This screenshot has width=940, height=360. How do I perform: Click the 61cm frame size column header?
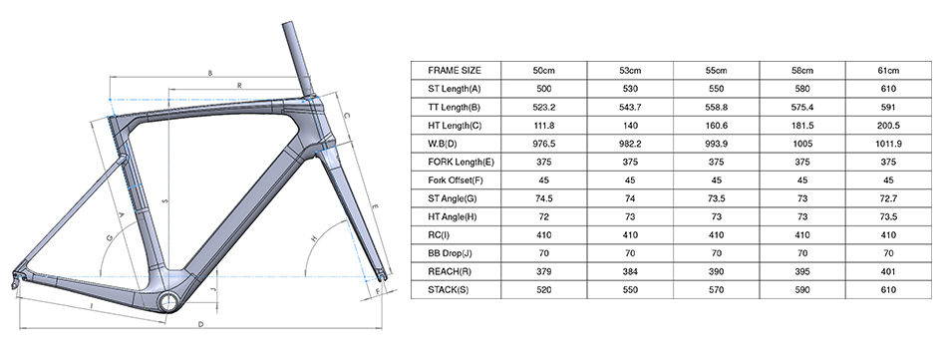point(888,70)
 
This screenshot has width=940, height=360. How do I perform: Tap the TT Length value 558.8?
point(717,107)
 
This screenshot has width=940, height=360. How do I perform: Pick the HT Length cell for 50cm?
point(544,126)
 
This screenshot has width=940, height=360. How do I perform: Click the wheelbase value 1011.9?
point(888,144)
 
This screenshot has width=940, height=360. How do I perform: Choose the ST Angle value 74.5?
point(544,198)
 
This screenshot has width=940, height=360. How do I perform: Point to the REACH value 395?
point(802,271)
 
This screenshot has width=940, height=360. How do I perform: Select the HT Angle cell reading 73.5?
point(888,216)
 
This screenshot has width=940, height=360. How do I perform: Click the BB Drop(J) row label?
point(451,253)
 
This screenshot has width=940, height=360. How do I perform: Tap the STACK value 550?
point(630,290)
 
